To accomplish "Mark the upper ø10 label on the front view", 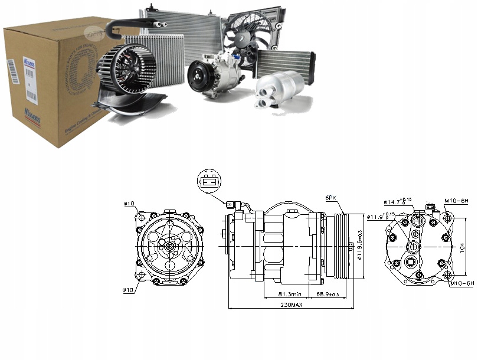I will [x=129, y=204].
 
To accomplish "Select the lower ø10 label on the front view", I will [x=129, y=290].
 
